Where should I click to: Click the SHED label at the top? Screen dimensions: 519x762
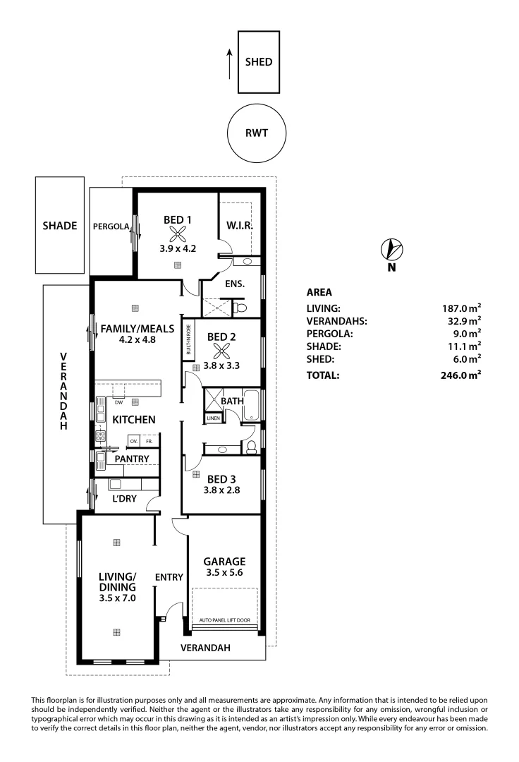pos(258,62)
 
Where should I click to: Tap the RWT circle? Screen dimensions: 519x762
pos(256,132)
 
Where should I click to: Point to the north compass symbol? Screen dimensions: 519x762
pos(391,250)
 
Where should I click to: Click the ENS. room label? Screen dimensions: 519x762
pos(235,284)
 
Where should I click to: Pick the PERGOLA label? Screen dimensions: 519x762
pos(111,226)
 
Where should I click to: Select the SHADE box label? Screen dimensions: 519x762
pos(59,226)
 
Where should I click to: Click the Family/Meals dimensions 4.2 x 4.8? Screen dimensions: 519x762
pos(128,339)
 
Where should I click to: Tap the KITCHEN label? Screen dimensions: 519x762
pos(134,419)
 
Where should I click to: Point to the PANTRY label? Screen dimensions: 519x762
pos(132,459)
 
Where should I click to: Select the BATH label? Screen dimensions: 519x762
pos(232,401)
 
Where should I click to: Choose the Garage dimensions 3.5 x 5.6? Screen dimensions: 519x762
pos(224,573)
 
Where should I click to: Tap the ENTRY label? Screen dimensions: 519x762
pos(169,577)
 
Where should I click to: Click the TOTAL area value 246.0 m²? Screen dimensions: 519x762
pos(460,375)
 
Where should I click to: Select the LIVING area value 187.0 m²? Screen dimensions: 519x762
pos(460,308)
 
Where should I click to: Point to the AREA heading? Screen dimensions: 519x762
pos(319,291)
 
